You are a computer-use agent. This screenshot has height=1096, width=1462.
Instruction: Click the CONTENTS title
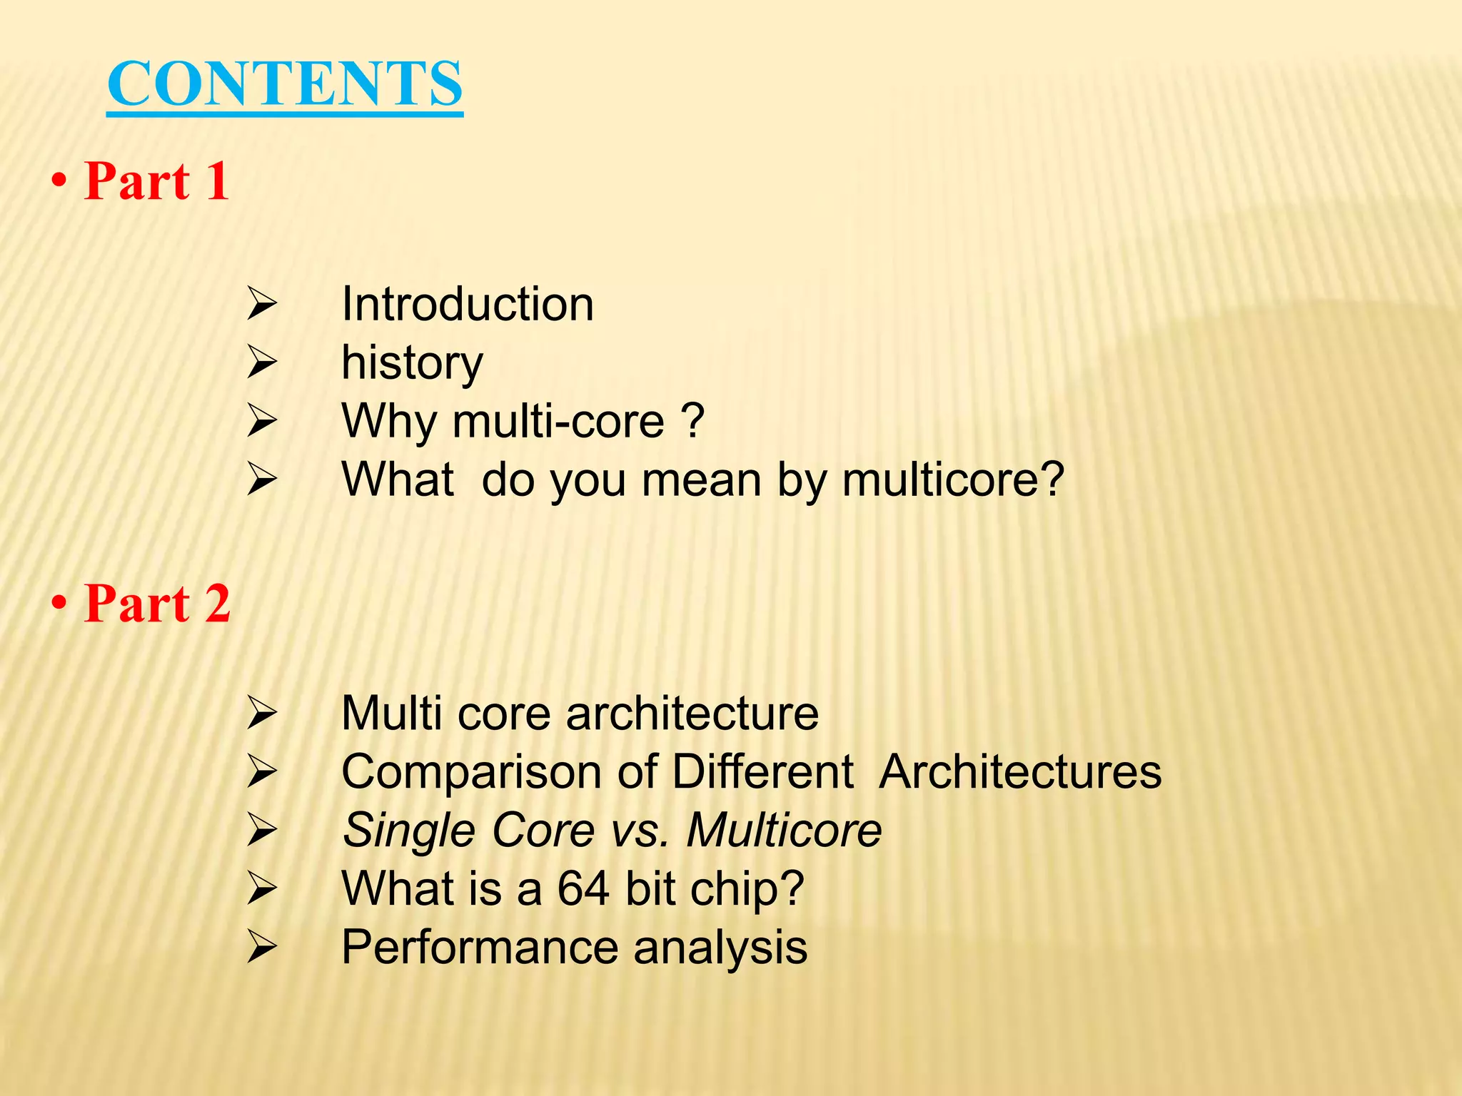tap(285, 84)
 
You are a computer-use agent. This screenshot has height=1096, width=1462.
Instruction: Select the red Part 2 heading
tap(157, 604)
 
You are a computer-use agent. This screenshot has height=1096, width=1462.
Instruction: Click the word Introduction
tap(468, 305)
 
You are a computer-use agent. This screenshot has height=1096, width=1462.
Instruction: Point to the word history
tap(412, 363)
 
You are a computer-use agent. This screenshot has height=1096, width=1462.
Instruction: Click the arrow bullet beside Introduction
tap(261, 305)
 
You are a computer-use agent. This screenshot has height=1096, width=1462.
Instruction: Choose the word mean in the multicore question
tap(702, 479)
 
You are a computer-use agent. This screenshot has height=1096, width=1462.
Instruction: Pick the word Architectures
tap(1020, 772)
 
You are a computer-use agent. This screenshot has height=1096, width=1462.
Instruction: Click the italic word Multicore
tap(784, 831)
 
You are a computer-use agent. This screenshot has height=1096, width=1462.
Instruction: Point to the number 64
tap(583, 889)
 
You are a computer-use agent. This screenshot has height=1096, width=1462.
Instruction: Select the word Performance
tap(480, 948)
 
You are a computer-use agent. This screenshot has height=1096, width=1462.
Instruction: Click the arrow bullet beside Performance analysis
tap(261, 948)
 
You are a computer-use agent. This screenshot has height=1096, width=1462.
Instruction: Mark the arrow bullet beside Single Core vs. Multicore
tap(261, 831)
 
